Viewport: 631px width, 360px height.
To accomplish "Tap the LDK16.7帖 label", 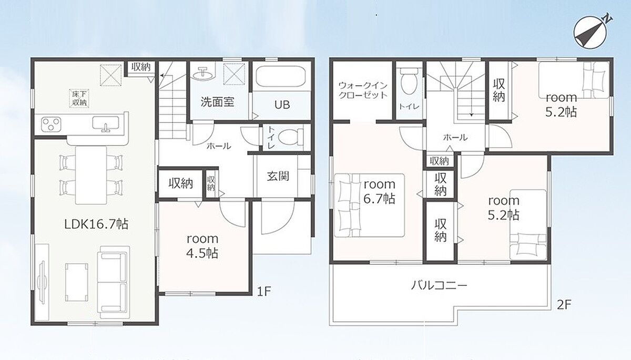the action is pyautogui.click(x=96, y=224).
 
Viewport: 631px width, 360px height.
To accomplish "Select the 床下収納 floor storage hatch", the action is pyautogui.click(x=78, y=98).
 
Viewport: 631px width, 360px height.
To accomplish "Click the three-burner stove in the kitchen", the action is pyautogui.click(x=51, y=124).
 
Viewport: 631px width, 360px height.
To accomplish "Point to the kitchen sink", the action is pyautogui.click(x=106, y=125).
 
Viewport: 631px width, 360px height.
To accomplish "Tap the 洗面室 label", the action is pyautogui.click(x=217, y=102).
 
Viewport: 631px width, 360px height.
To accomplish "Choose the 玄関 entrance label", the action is pyautogui.click(x=278, y=177).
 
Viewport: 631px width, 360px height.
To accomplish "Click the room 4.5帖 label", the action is pyautogui.click(x=202, y=246).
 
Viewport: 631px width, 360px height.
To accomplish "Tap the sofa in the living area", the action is pyautogui.click(x=113, y=283).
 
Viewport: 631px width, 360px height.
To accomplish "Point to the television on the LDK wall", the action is pyautogui.click(x=42, y=282).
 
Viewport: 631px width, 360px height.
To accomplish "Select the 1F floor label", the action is pyautogui.click(x=264, y=292).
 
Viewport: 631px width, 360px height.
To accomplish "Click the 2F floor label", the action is pyautogui.click(x=564, y=304).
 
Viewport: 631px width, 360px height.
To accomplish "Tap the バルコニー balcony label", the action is pyautogui.click(x=439, y=286).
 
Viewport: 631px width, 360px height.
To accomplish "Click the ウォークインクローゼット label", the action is pyautogui.click(x=363, y=90).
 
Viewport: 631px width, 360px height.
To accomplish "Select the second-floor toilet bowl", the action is pyautogui.click(x=409, y=81).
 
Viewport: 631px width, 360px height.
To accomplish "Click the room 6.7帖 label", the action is pyautogui.click(x=380, y=191).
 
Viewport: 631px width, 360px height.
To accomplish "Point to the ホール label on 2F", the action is pyautogui.click(x=455, y=137).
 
